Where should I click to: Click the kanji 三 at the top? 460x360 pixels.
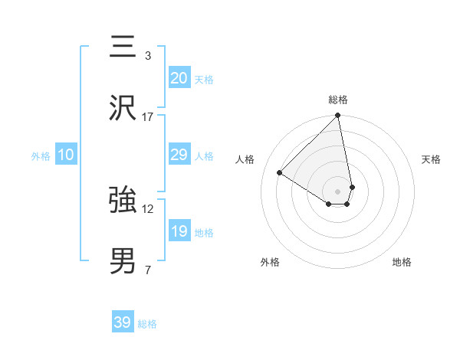pyautogui.click(x=123, y=47)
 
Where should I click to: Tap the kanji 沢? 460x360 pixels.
pyautogui.click(x=123, y=108)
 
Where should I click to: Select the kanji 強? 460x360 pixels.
pyautogui.click(x=123, y=200)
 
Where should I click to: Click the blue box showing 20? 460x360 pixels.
pyautogui.click(x=179, y=78)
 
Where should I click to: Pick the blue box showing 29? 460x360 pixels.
pyautogui.click(x=179, y=155)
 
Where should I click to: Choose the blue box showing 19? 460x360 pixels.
pyautogui.click(x=179, y=231)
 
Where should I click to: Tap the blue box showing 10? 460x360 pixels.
pyautogui.click(x=66, y=155)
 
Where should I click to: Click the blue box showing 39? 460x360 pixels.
pyautogui.click(x=123, y=322)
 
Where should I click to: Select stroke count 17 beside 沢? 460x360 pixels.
pyautogui.click(x=148, y=117)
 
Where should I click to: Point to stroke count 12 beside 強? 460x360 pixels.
pyautogui.click(x=148, y=209)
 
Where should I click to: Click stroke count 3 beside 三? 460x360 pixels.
pyautogui.click(x=147, y=56)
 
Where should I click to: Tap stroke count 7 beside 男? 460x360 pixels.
pyautogui.click(x=147, y=270)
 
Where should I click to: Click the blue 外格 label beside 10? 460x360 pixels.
pyautogui.click(x=41, y=156)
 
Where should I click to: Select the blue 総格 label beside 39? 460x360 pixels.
pyautogui.click(x=147, y=324)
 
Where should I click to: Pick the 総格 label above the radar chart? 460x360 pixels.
pyautogui.click(x=338, y=100)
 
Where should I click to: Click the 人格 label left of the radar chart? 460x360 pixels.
pyautogui.click(x=245, y=159)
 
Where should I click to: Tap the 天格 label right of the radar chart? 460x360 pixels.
pyautogui.click(x=431, y=159)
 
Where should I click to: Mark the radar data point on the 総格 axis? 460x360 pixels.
pyautogui.click(x=338, y=116)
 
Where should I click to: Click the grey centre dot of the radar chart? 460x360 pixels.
pyautogui.click(x=338, y=190)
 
